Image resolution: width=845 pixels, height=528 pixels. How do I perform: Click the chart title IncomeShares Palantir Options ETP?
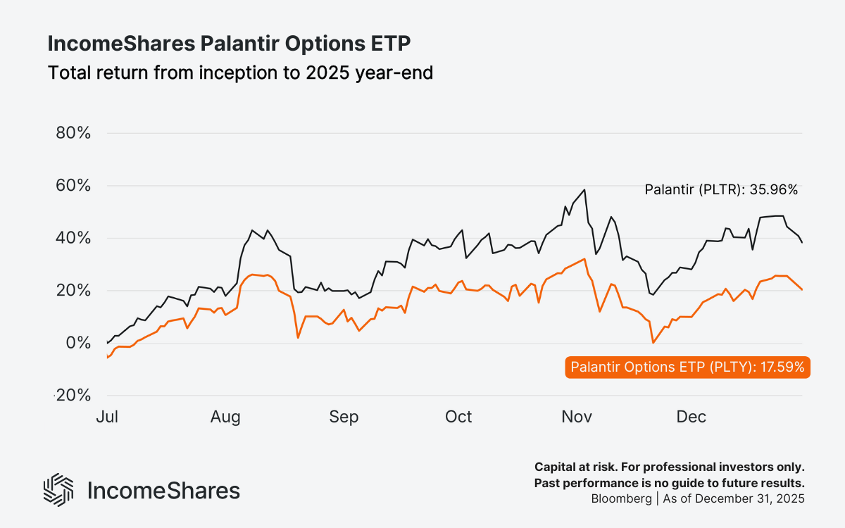point(229,44)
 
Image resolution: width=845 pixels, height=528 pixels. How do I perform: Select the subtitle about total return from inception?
point(239,72)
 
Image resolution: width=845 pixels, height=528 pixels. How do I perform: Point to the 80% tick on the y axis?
point(73,133)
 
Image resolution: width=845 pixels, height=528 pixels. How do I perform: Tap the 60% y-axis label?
point(73,186)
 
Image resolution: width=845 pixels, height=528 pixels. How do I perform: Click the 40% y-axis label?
point(73,238)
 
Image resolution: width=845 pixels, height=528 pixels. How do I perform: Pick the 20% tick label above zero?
point(73,291)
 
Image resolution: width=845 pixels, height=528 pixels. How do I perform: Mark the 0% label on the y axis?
point(77,343)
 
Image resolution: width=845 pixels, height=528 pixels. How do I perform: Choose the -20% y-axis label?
point(73,396)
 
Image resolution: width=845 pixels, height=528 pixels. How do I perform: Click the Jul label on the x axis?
point(106,417)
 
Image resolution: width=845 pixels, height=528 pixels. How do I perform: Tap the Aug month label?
point(225,417)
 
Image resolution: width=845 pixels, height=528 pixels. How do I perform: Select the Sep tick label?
point(344,417)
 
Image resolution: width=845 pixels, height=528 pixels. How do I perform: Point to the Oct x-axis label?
point(458,417)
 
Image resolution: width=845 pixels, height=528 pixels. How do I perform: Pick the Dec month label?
point(691,417)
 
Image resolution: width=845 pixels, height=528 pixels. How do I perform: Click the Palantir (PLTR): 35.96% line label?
point(721,189)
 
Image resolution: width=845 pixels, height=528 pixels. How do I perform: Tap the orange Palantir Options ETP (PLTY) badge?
point(687,367)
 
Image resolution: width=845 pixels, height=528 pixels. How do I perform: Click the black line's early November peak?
point(584,189)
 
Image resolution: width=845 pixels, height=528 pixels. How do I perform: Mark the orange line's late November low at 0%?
point(653,343)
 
